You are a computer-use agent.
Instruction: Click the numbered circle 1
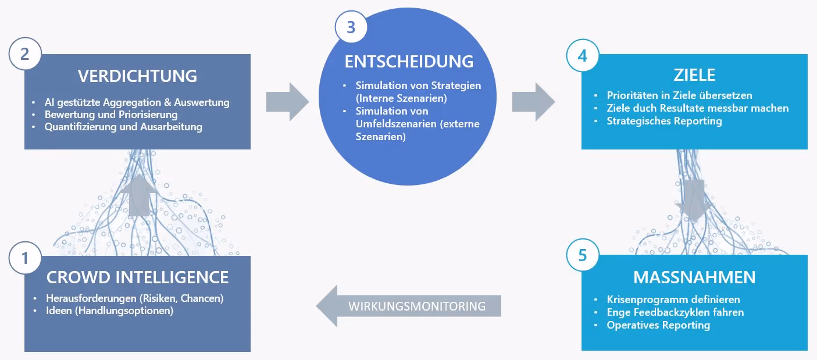pyautogui.click(x=25, y=258)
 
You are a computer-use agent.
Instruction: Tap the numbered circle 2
pyautogui.click(x=25, y=54)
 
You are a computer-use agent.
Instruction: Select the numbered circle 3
pyautogui.click(x=351, y=27)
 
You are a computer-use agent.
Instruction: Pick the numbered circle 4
pyautogui.click(x=583, y=55)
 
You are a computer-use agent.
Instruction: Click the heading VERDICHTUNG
pyautogui.click(x=137, y=76)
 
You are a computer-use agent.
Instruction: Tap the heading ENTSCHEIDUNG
pyautogui.click(x=409, y=62)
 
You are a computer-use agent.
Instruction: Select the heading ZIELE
pyautogui.click(x=694, y=75)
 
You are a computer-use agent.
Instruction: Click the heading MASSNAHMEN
pyautogui.click(x=694, y=277)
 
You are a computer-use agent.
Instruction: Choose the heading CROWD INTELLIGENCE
pyautogui.click(x=137, y=277)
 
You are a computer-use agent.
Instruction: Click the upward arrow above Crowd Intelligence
pyautogui.click(x=138, y=195)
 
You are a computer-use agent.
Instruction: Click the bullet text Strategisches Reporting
pyautogui.click(x=664, y=121)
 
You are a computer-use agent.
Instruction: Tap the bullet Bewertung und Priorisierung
pyautogui.click(x=110, y=115)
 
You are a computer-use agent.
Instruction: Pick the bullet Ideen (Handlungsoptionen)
pyautogui.click(x=109, y=311)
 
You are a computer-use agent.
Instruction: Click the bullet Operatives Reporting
pyautogui.click(x=658, y=325)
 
